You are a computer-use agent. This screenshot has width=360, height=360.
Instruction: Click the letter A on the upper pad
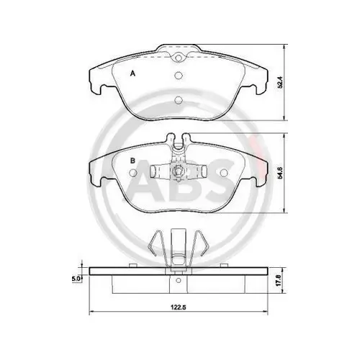pyautogui.click(x=132, y=73)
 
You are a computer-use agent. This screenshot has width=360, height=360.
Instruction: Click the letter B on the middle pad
pyautogui.click(x=132, y=161)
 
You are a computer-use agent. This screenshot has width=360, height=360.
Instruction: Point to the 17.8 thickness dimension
pyautogui.click(x=279, y=280)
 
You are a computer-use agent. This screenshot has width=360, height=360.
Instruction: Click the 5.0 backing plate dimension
pyautogui.click(x=76, y=279)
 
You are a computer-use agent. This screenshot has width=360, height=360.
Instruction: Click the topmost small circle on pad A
pyautogui.click(x=179, y=58)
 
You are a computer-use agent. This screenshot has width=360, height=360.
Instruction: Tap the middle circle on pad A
pyautogui.click(x=179, y=76)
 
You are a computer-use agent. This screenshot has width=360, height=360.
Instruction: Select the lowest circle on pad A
pyautogui.click(x=179, y=99)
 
